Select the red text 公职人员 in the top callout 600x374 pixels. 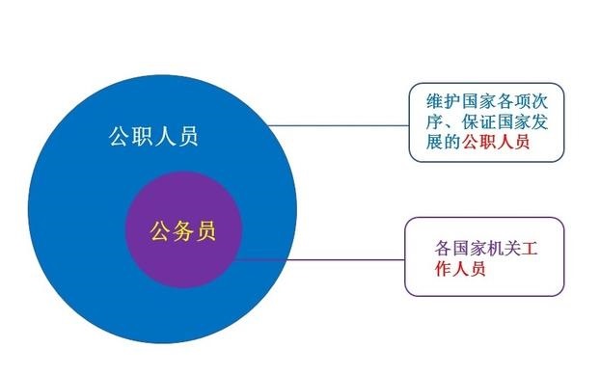(x=496, y=142)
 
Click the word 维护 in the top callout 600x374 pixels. (x=441, y=99)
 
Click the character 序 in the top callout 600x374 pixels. (x=433, y=120)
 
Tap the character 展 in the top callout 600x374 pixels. (x=433, y=142)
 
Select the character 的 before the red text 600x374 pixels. (x=450, y=142)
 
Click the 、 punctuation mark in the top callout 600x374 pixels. (x=448, y=122)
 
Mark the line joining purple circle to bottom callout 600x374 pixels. (x=318, y=258)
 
